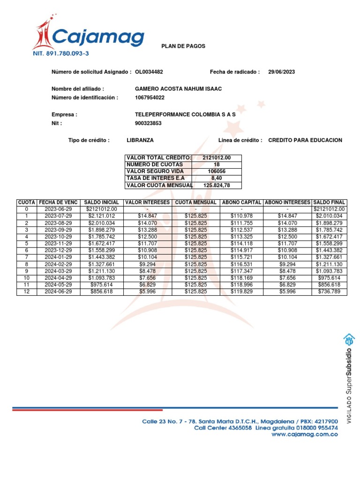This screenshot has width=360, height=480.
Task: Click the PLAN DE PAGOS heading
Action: coord(183,46)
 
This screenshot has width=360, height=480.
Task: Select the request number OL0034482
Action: coord(149,72)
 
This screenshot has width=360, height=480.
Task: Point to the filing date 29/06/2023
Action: coord(282,72)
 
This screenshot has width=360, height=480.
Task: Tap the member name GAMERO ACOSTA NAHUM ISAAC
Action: coord(178,89)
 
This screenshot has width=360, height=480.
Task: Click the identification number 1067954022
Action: coord(150,97)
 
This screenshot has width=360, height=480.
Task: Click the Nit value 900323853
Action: coord(148,123)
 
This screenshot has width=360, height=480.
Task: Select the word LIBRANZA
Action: coord(140,140)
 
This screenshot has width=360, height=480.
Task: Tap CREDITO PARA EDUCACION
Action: coord(305,140)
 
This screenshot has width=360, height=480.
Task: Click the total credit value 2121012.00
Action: coord(217,158)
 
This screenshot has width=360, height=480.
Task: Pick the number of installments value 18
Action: coord(217,165)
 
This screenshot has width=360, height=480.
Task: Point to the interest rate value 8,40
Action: coord(217,178)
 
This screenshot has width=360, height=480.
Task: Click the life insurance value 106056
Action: coord(217,172)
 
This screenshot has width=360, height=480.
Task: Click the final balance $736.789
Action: coord(329,292)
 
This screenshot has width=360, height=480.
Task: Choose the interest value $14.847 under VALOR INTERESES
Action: coord(148,216)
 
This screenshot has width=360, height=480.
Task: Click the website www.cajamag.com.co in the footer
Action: coord(305,435)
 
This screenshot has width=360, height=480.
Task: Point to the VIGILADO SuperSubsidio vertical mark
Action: coord(349,379)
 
